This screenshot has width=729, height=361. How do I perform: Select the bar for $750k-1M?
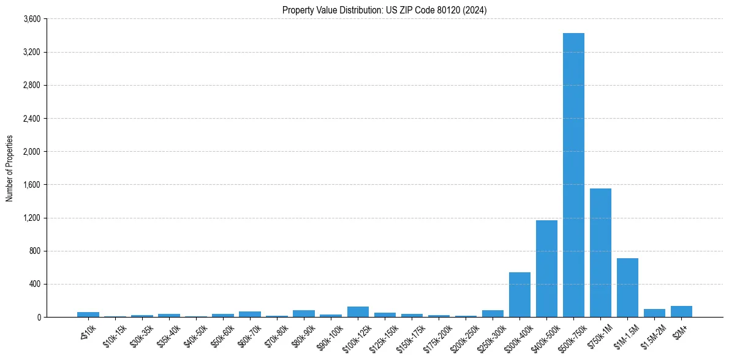tap(600, 253)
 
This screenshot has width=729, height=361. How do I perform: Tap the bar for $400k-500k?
tap(546, 269)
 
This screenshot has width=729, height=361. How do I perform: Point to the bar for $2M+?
tap(681, 311)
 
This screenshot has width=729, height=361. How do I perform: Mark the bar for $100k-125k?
tap(358, 312)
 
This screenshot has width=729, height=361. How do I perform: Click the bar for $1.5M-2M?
tap(654, 313)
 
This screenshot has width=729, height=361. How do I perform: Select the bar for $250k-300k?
tap(493, 314)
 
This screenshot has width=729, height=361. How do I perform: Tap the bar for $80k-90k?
tap(304, 314)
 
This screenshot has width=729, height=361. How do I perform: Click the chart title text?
tap(385, 10)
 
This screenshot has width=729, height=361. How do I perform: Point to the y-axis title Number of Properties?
tap(10, 168)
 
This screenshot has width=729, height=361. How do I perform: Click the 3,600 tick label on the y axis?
tap(32, 19)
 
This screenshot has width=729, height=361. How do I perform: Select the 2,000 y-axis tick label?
tap(32, 152)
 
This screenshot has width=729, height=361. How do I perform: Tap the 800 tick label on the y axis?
tap(35, 251)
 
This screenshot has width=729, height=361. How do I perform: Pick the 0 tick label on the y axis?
tap(38, 317)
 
